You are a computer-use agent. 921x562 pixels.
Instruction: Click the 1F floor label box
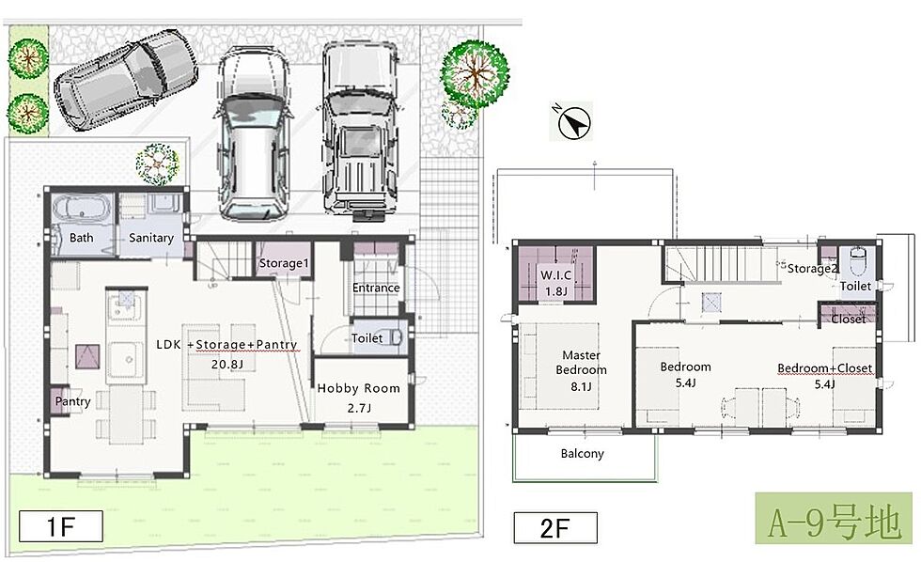click(61, 526)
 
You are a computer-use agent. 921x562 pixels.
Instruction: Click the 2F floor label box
click(555, 528)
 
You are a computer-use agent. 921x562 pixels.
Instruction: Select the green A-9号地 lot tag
click(834, 518)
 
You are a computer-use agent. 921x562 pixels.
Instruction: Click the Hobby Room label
click(358, 388)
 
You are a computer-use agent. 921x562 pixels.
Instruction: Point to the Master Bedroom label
click(581, 363)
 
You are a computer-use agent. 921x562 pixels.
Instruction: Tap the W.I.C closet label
click(555, 274)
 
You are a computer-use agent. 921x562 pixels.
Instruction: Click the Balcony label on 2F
click(582, 453)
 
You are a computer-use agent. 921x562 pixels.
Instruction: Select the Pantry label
click(73, 401)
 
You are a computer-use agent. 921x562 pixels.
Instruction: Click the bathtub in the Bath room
click(81, 209)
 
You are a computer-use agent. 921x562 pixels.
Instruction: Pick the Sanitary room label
click(151, 238)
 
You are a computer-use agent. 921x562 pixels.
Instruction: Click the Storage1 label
click(284, 263)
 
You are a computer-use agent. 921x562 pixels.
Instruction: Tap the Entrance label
click(376, 288)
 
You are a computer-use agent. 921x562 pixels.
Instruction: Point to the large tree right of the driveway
click(475, 73)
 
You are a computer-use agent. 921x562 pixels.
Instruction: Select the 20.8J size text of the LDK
click(227, 365)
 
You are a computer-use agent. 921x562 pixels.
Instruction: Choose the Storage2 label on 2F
click(812, 269)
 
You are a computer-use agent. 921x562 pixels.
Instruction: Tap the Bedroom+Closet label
click(825, 368)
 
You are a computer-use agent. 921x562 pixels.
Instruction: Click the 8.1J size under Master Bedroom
click(581, 386)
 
